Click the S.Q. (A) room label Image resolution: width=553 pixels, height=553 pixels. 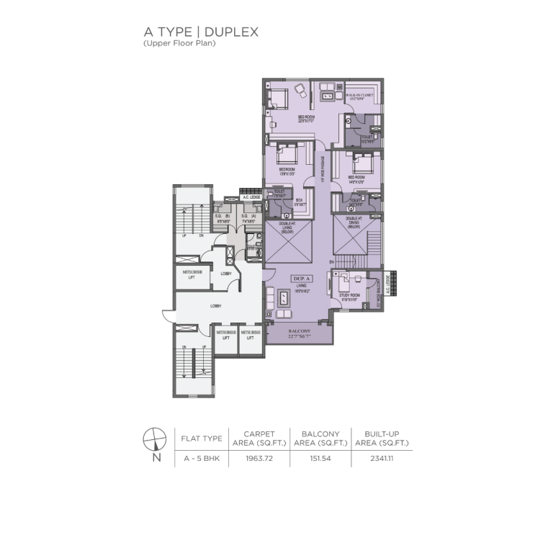point(246,218)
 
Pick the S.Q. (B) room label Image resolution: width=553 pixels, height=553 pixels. point(222,218)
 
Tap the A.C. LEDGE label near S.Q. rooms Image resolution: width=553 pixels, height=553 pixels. point(251,197)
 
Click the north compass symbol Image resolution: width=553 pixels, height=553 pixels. point(154,439)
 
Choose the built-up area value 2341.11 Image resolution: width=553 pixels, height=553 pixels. point(382,459)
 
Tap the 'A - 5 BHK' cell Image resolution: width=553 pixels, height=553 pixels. point(200,459)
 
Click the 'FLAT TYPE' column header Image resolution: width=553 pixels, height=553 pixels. point(200,439)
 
